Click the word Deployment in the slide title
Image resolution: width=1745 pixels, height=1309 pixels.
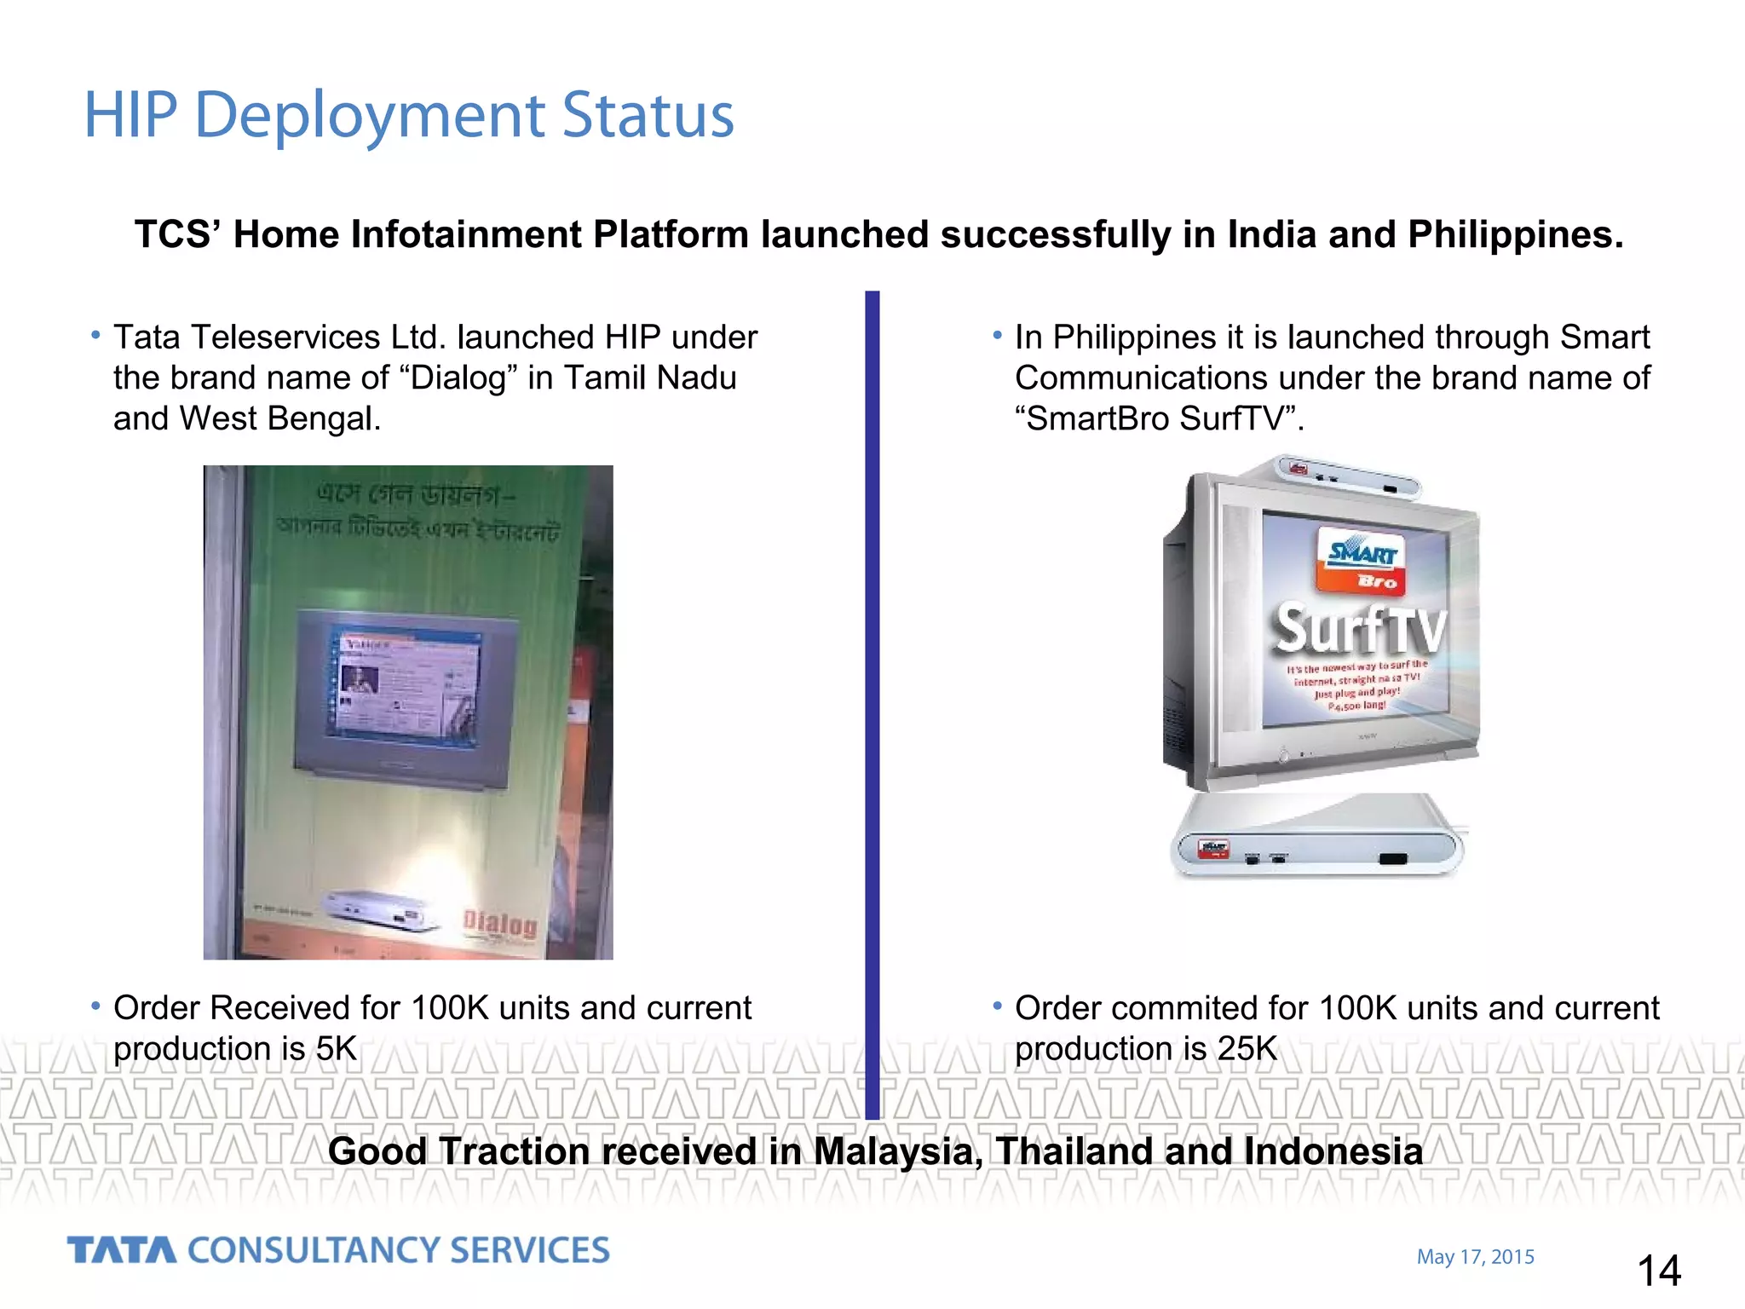coord(370,116)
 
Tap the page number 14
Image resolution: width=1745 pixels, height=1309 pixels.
coord(1658,1271)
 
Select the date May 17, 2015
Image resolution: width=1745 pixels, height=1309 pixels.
coord(1475,1257)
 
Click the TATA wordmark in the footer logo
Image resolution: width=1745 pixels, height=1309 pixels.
coord(121,1250)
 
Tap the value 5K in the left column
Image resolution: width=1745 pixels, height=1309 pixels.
coord(336,1048)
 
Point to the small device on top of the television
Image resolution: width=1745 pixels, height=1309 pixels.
coord(1346,478)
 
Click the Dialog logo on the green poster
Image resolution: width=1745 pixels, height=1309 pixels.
coord(501,924)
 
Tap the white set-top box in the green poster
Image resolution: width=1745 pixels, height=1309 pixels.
coord(380,909)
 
